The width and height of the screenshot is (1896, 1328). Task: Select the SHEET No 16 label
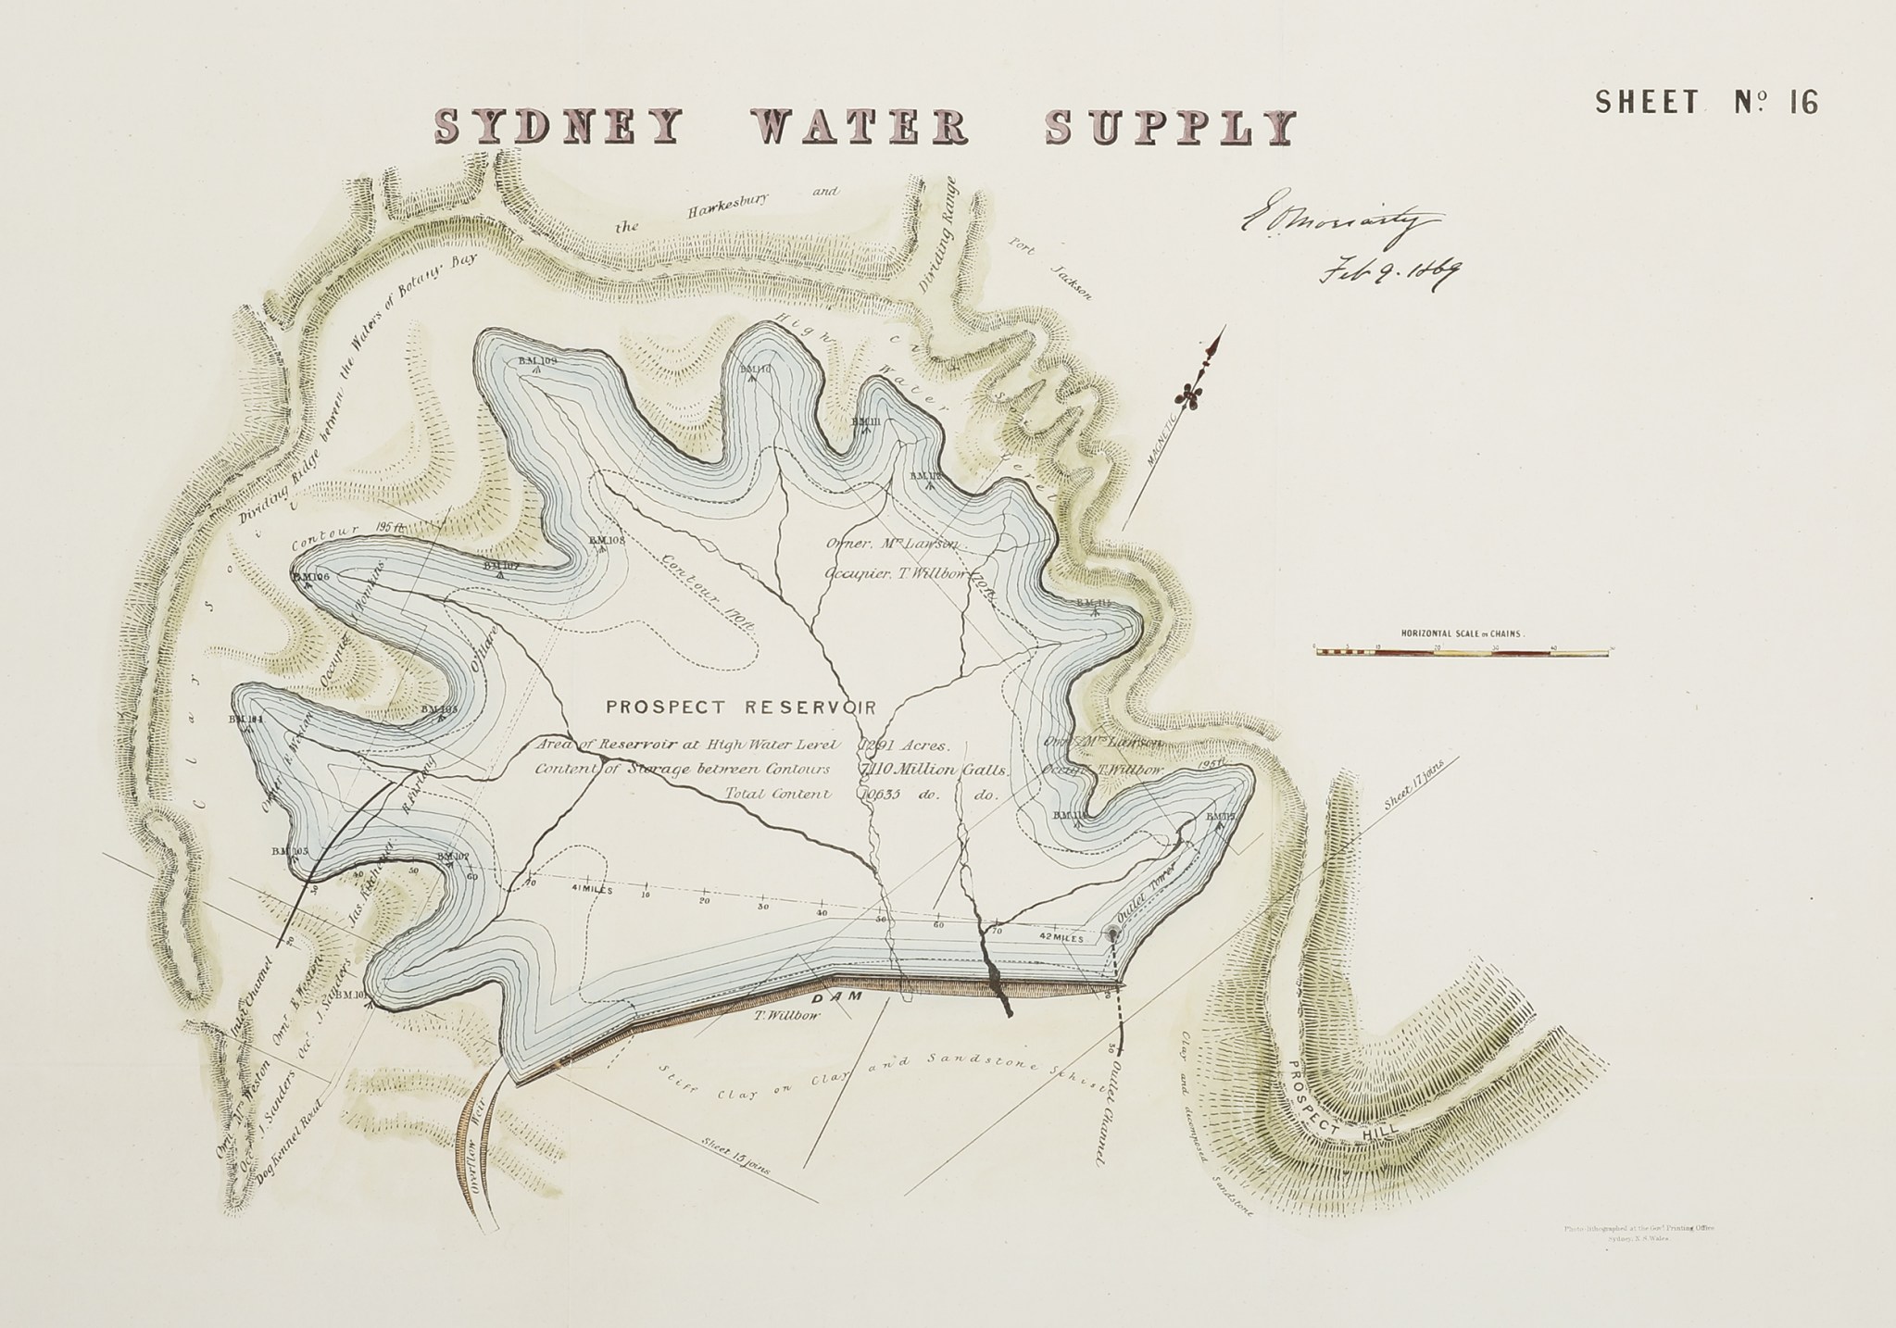(x=1706, y=102)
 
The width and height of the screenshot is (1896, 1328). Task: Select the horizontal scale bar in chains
(x=1463, y=652)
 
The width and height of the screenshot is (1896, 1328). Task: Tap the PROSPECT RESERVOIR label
(x=740, y=708)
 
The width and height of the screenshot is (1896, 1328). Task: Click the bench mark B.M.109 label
(x=535, y=360)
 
